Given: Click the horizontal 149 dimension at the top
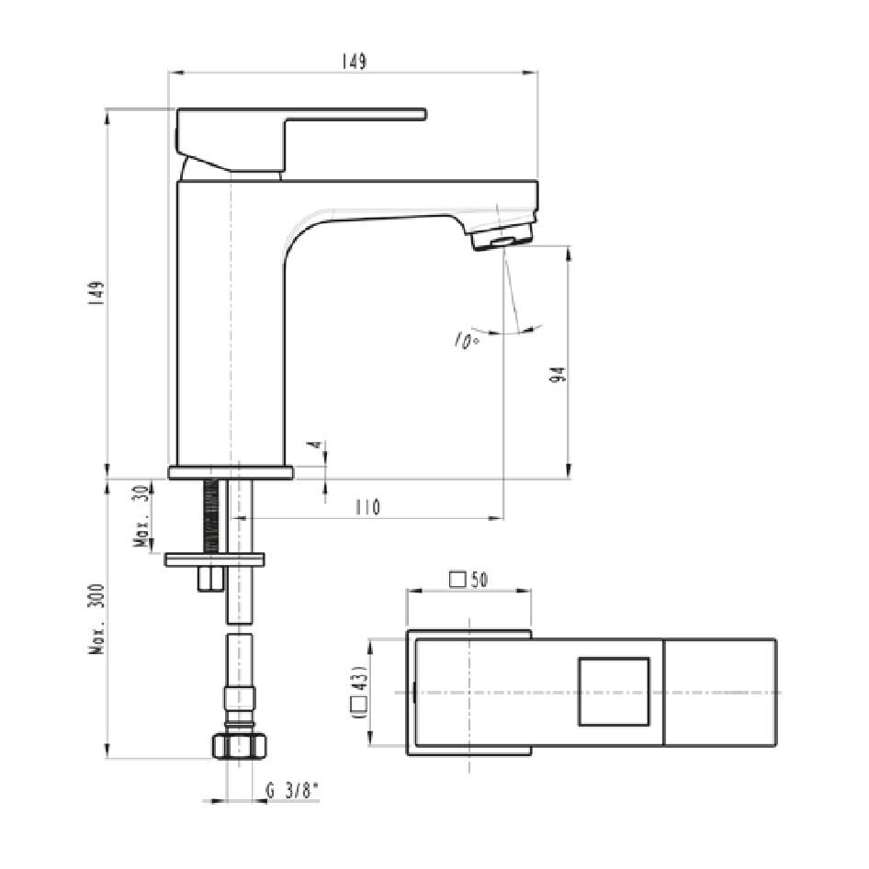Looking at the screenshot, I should point(355,62).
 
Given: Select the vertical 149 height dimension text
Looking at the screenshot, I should point(98,293).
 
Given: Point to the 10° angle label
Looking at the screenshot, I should point(466,341).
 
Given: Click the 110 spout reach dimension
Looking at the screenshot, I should point(367,507).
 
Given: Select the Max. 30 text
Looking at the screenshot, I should point(143,516).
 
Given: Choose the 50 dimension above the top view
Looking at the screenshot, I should point(478,580).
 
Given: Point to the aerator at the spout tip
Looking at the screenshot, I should point(502,238).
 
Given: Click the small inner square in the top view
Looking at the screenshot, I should point(613,692).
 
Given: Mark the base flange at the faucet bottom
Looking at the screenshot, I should point(231,472).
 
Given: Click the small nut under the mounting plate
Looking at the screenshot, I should point(211,578).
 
